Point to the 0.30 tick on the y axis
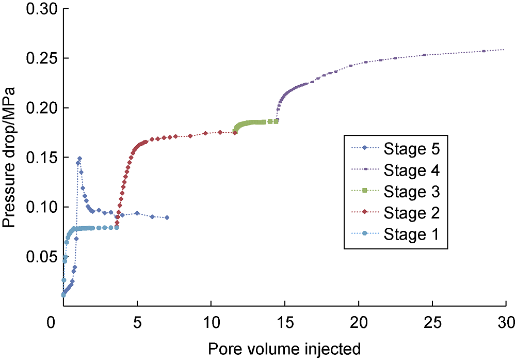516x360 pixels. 39,9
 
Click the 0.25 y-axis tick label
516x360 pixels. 39,58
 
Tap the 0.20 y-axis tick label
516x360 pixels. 39,108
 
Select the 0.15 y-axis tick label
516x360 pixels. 39,158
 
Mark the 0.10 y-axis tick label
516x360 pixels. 39,207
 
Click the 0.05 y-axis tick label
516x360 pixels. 39,257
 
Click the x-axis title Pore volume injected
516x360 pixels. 284,350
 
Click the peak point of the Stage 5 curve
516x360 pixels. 79,159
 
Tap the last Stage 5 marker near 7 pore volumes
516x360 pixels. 167,217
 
